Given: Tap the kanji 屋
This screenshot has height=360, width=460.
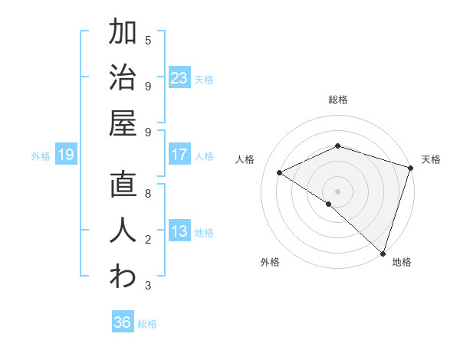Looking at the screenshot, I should (123, 123).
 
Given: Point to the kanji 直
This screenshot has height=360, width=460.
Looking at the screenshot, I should (123, 185).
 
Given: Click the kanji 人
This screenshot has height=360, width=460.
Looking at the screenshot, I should (123, 231).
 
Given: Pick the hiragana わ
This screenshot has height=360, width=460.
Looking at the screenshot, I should (123, 277).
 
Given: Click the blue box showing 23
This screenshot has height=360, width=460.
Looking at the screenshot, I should (179, 77).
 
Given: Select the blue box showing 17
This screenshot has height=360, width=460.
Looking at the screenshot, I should (179, 155).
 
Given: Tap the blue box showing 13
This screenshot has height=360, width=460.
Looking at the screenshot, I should (179, 231).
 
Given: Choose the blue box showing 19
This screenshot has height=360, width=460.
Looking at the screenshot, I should (65, 155).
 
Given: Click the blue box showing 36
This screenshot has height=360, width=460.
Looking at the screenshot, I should (123, 322).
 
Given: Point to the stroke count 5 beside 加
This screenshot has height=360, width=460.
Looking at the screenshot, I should (148, 40).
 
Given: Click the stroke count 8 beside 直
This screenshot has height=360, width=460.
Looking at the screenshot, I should (148, 194).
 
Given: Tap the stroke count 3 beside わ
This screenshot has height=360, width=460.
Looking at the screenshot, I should (148, 286).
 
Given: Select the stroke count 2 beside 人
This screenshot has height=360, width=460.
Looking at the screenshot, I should (148, 240).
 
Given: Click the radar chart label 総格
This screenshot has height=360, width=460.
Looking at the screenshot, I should (338, 100).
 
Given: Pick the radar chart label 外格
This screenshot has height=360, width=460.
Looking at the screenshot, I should (270, 262).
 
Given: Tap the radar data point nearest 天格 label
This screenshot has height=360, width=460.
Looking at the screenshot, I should (410, 169).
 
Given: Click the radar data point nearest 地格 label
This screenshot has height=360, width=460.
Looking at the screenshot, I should (383, 253).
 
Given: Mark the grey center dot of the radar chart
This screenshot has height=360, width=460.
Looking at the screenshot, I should (337, 190).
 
